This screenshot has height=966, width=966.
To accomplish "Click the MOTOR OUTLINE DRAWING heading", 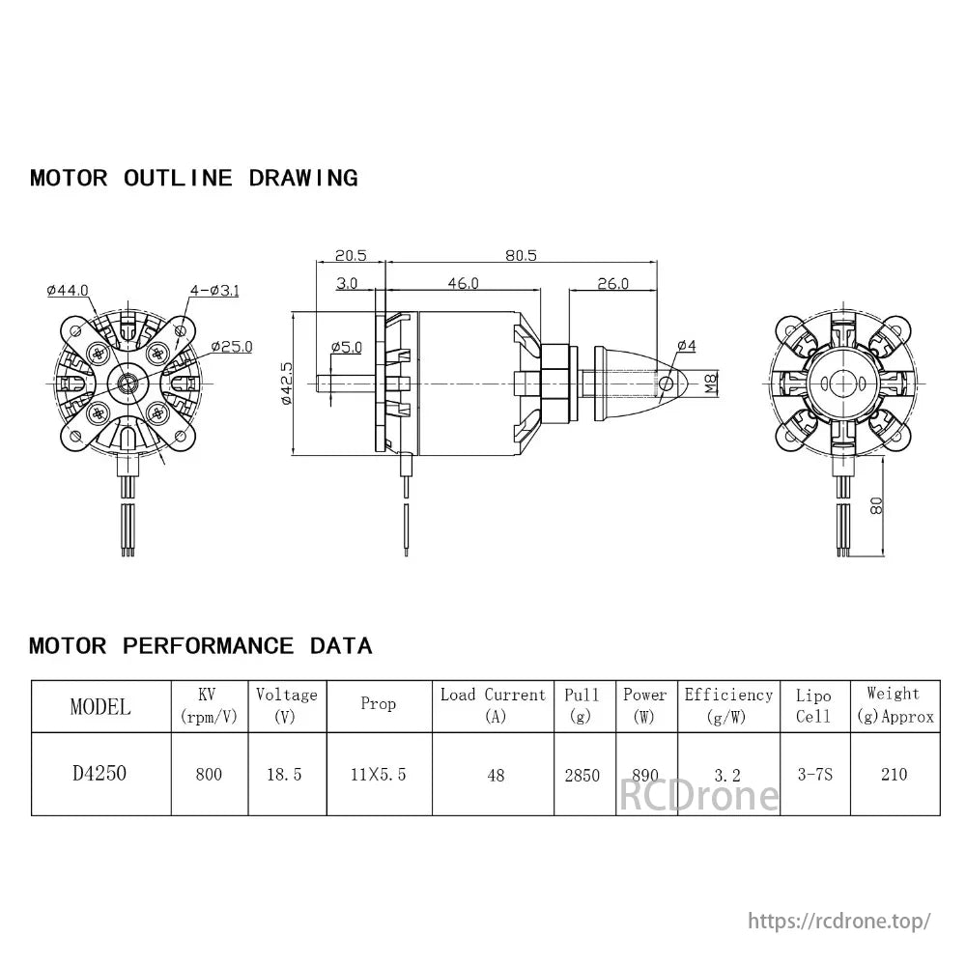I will (193, 178).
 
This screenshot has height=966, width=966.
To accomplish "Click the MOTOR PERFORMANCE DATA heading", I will (200, 645).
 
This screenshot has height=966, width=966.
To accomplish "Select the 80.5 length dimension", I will (521, 255).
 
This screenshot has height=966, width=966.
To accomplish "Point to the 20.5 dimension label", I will (351, 255).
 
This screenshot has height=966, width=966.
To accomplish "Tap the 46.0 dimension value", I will (463, 283).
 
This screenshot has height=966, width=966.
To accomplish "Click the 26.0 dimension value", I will (612, 283).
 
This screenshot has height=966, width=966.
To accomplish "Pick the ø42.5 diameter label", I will (286, 384).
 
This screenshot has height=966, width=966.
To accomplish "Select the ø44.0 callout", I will (67, 290).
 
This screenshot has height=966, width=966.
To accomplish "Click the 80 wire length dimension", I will (876, 504).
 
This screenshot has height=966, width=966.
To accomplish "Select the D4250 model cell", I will (99, 774).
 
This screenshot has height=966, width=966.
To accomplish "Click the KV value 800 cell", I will (208, 775).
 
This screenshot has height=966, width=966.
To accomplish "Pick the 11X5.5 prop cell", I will (379, 775).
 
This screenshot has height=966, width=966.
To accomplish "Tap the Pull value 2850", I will (582, 775).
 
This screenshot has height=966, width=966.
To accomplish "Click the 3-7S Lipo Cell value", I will (813, 775).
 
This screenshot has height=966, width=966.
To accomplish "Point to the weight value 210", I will (894, 775).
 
